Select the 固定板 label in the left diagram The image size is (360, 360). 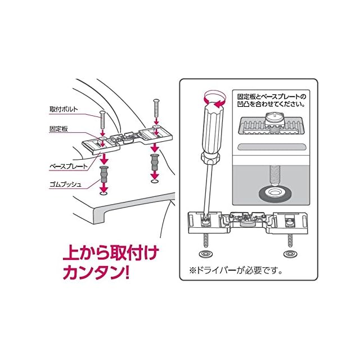click(58, 129)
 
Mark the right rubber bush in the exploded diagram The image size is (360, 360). click(154, 163)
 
